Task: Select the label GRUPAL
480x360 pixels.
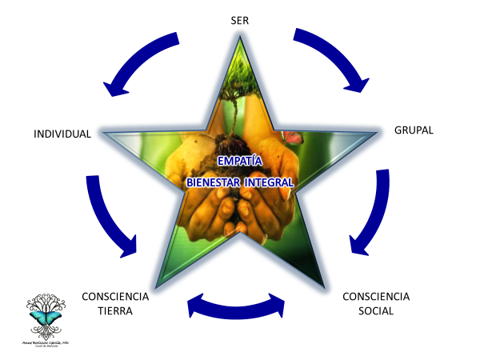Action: [x=414, y=130]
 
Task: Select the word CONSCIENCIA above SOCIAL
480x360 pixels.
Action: [x=375, y=296]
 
